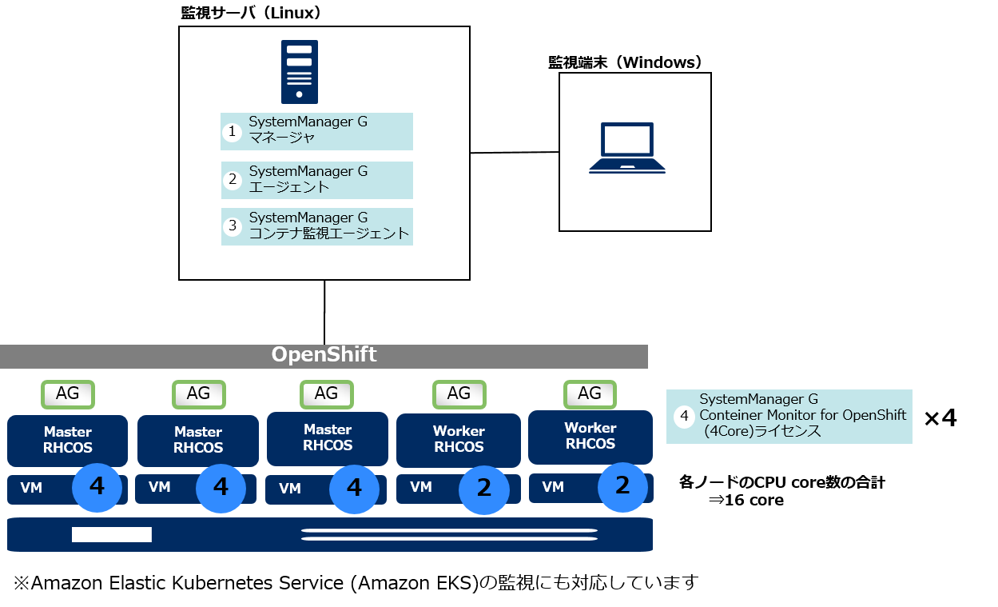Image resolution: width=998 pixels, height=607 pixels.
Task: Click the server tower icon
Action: click(x=300, y=73)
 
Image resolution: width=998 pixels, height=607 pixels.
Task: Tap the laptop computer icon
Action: click(x=627, y=148)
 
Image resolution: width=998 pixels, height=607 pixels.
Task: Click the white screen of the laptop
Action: click(x=627, y=140)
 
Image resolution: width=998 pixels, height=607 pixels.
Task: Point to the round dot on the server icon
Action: click(x=300, y=94)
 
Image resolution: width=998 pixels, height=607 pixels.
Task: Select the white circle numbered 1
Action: click(x=233, y=132)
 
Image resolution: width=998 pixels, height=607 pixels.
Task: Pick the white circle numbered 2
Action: click(x=233, y=180)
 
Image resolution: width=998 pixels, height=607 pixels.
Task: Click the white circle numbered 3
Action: click(x=233, y=226)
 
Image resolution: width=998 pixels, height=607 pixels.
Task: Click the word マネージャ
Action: click(x=282, y=138)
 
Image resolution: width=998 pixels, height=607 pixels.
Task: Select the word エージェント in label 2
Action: click(x=289, y=187)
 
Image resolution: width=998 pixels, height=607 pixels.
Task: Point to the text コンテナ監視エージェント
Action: click(x=329, y=234)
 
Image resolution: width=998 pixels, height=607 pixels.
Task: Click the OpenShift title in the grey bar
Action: click(x=324, y=355)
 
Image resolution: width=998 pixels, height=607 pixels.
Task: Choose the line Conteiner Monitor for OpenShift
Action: click(x=803, y=415)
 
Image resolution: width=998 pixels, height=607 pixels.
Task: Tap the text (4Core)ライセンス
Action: click(x=762, y=431)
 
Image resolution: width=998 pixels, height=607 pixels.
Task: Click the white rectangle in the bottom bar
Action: click(x=112, y=534)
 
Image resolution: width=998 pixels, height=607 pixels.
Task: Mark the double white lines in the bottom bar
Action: click(x=449, y=535)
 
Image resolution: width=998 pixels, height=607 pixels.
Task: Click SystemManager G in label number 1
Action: click(x=308, y=122)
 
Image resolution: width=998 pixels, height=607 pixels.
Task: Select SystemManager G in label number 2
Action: click(x=308, y=171)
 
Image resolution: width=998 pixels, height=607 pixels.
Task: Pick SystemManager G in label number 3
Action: click(x=308, y=218)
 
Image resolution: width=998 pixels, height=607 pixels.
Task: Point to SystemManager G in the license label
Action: click(x=759, y=399)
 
